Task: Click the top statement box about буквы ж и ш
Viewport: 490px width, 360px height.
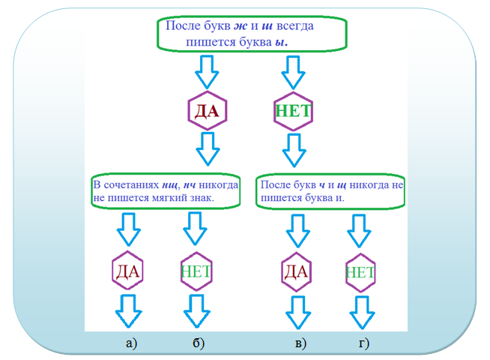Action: [x=251, y=34]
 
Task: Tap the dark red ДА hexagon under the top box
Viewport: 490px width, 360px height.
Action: [x=206, y=112]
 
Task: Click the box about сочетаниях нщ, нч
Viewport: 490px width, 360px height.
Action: [x=166, y=192]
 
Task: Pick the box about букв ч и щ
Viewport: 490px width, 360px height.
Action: [x=330, y=192]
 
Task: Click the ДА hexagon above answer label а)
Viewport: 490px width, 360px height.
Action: [x=128, y=271]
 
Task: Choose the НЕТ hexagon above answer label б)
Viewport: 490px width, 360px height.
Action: [x=196, y=271]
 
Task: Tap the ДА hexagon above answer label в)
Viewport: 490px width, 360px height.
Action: [x=297, y=271]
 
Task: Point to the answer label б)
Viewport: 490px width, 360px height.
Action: [x=199, y=343]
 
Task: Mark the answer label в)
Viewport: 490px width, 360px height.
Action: [x=300, y=343]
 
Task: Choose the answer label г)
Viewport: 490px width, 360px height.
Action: [x=364, y=343]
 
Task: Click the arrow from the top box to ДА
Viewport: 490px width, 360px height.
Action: [x=206, y=73]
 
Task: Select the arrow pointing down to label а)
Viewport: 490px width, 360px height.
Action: [x=129, y=310]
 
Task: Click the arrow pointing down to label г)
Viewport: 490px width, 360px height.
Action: [x=361, y=310]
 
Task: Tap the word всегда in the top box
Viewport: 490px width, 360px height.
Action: [x=294, y=26]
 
